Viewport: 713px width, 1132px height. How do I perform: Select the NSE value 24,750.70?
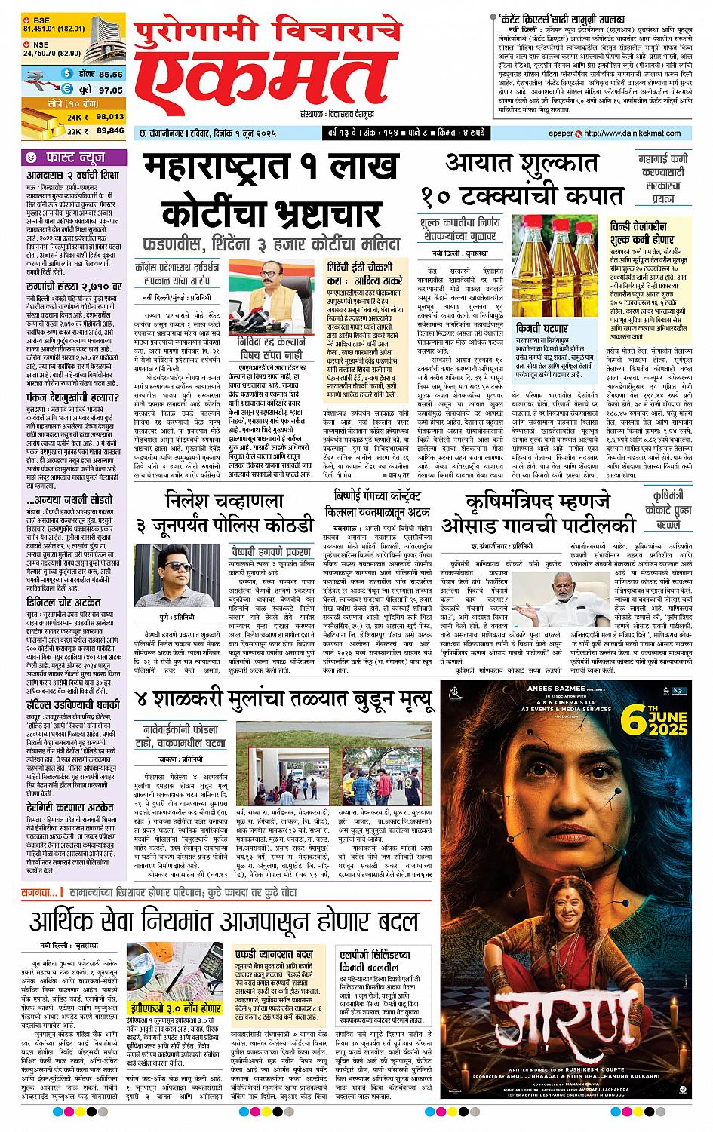tap(42, 52)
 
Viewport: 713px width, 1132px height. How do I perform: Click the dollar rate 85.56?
tap(110, 74)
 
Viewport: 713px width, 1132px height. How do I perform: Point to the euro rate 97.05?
tap(110, 90)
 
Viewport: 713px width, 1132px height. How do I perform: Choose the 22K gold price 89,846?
tap(110, 130)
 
